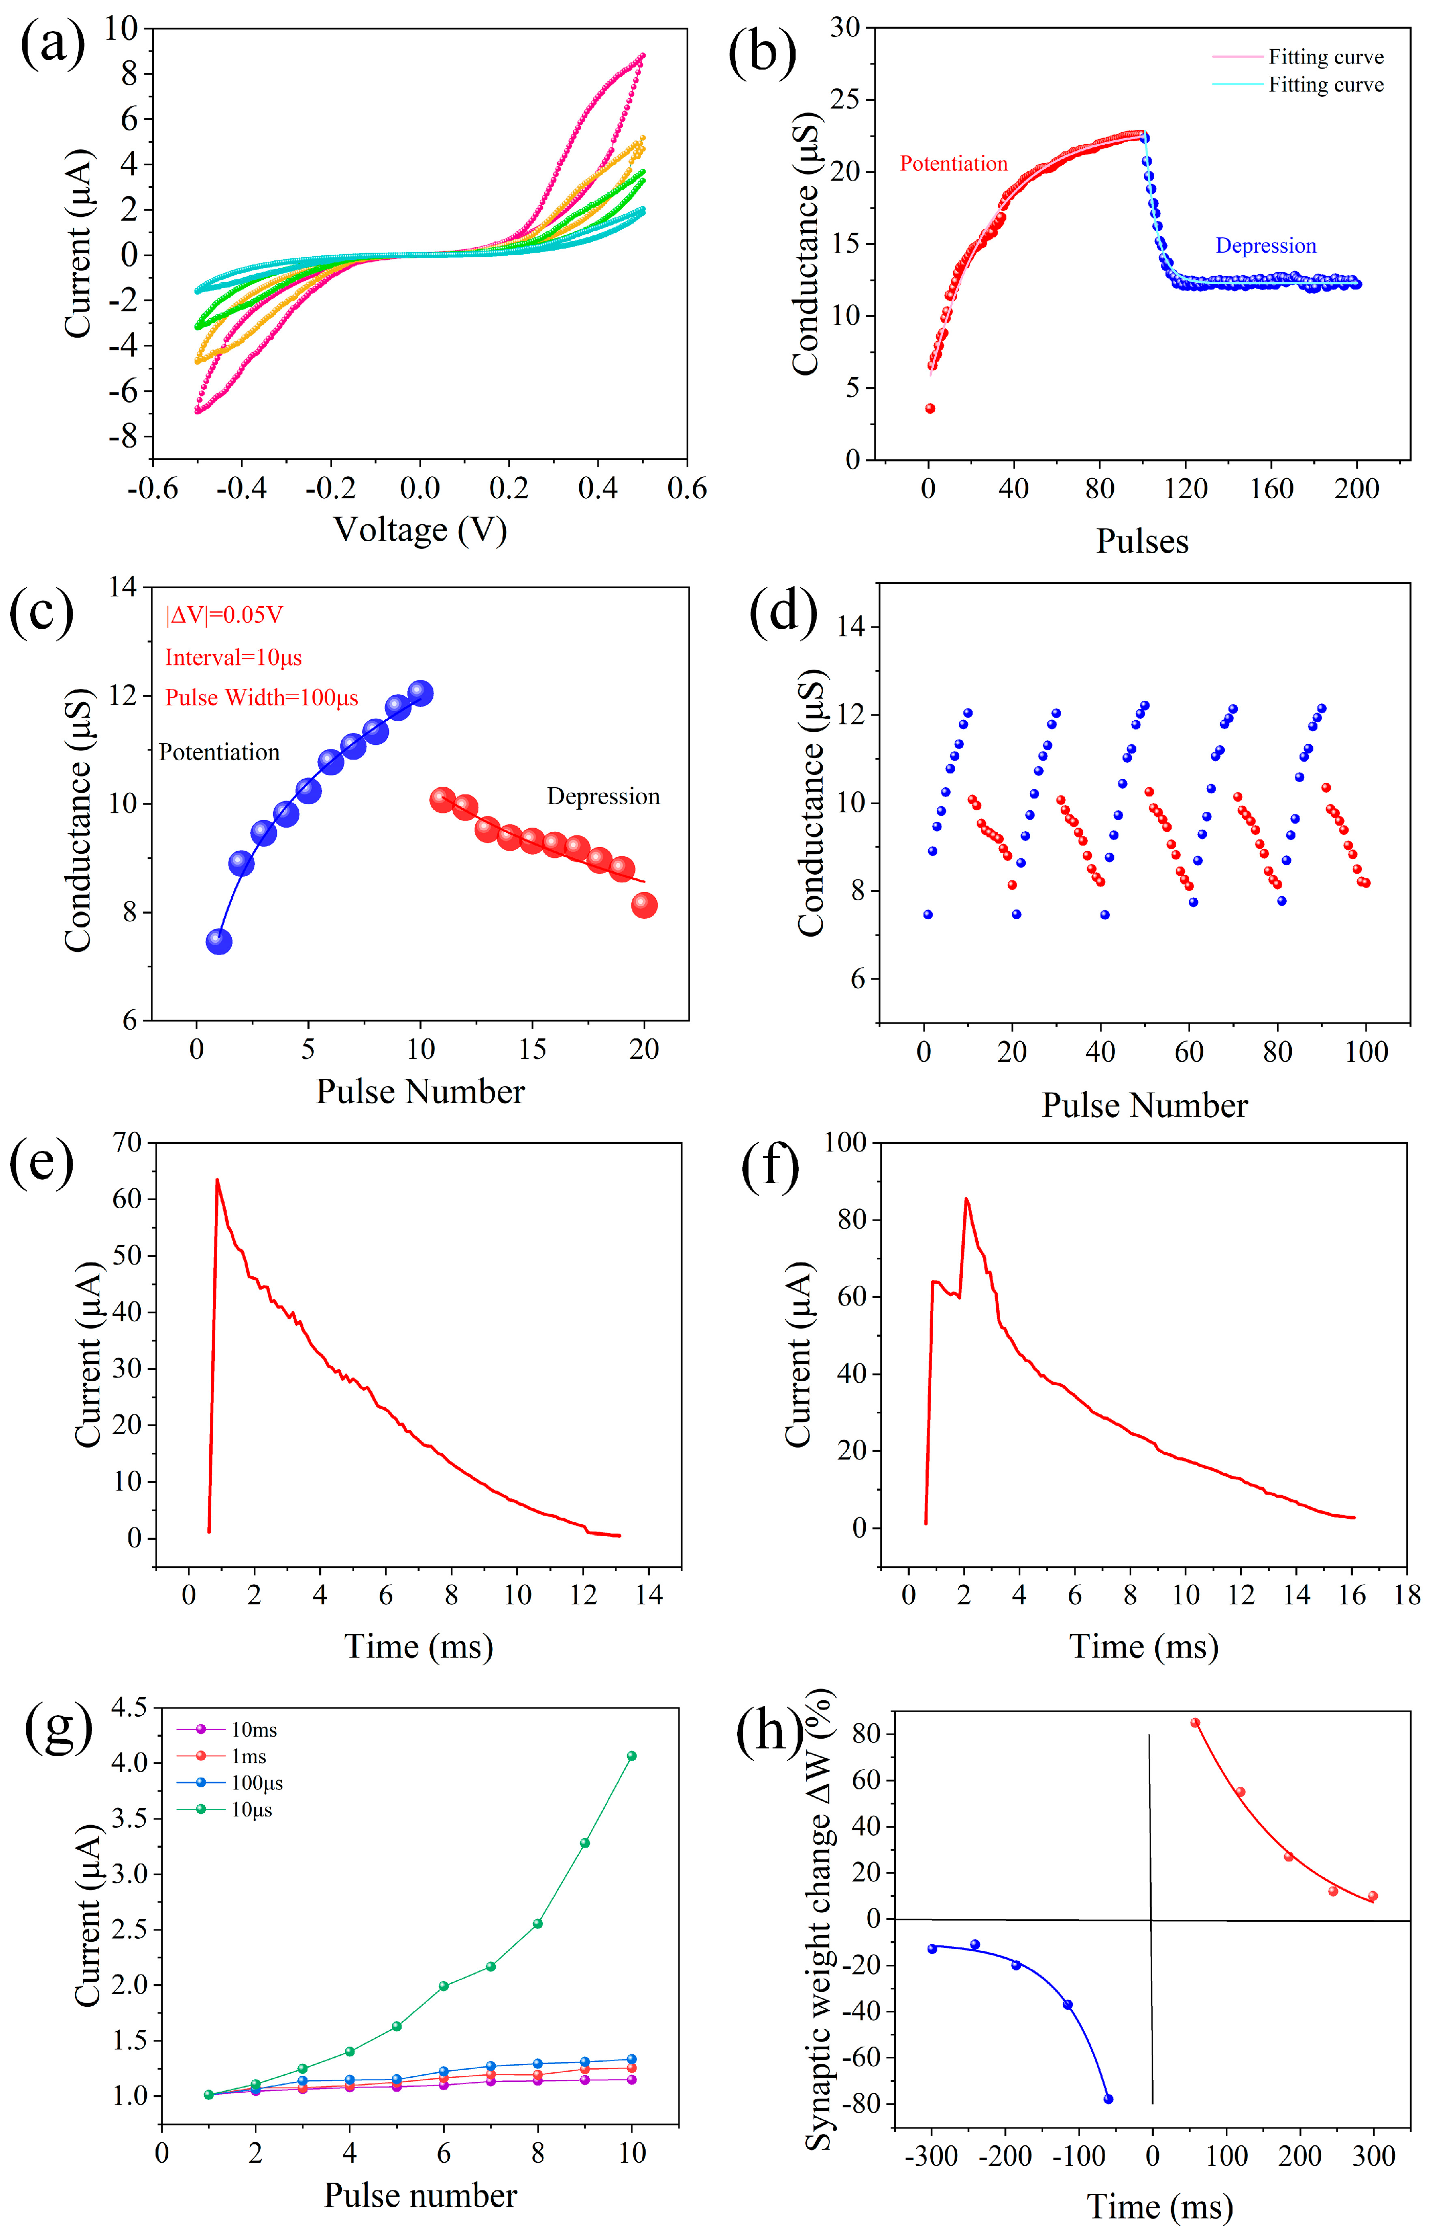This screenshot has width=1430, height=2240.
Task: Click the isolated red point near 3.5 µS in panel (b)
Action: click(x=930, y=408)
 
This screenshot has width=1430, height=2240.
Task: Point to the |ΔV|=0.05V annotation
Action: click(x=224, y=615)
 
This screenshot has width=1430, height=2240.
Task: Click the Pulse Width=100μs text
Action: click(x=261, y=698)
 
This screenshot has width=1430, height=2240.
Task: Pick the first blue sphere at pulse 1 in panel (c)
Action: click(x=218, y=941)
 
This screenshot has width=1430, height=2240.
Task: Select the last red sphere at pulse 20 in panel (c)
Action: click(x=644, y=905)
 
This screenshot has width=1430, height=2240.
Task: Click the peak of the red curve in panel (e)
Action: click(x=217, y=1181)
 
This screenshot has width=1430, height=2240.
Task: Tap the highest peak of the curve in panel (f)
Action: click(x=966, y=1199)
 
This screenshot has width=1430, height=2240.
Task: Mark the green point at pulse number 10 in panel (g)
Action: click(x=632, y=1756)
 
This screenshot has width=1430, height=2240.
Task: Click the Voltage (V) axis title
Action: click(x=421, y=530)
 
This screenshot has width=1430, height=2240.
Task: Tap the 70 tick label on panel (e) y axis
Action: click(x=127, y=1142)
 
